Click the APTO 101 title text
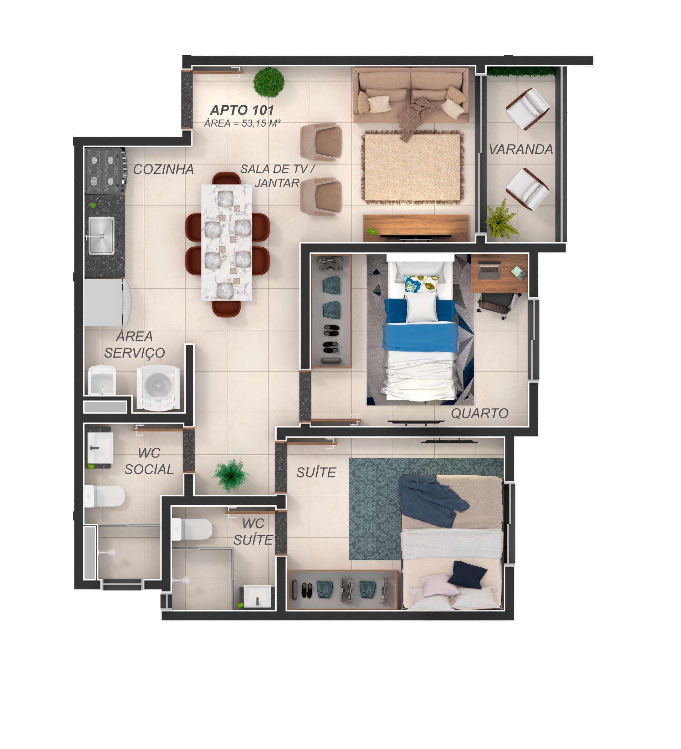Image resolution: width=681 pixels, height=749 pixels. pos(242,110)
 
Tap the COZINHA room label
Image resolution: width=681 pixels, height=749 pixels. pos(163,169)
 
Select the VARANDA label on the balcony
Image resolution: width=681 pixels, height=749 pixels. pos(521,150)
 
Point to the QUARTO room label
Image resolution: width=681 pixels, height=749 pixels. pos(479,413)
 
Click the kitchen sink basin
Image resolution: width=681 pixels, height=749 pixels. pos(101,235)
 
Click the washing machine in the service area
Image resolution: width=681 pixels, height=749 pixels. pos(158,388)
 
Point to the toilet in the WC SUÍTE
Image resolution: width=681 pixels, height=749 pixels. pos(192,529)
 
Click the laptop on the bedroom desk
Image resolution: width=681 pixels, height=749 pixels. pos(489,270)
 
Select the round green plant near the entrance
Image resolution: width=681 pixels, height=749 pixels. pos(269,82)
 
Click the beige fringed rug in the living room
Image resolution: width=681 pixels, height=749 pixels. pos(413,167)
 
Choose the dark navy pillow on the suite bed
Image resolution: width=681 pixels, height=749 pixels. pos(467,575)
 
